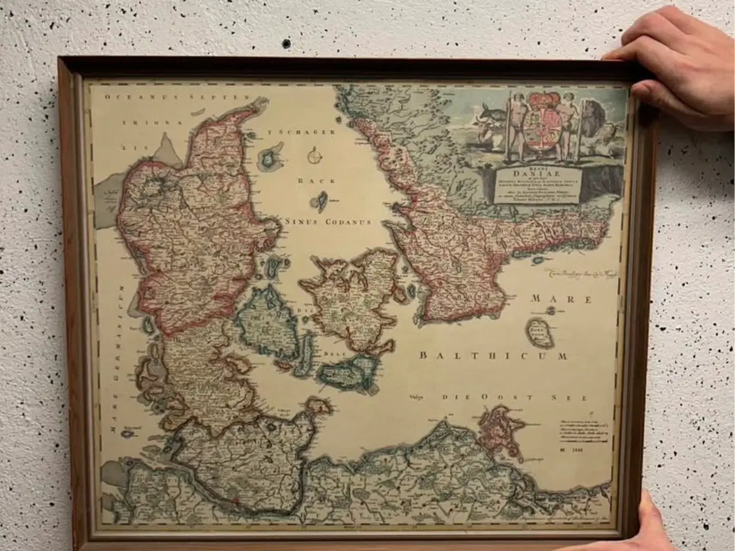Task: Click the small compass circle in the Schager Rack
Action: click(x=314, y=154)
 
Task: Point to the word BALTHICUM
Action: click(x=493, y=356)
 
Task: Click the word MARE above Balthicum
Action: click(x=561, y=299)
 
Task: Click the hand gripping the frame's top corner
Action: click(x=672, y=57)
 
